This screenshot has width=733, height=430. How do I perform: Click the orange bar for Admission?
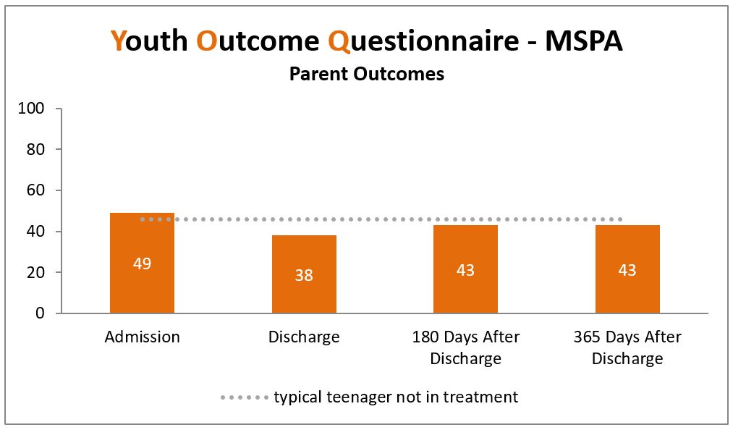click(x=142, y=263)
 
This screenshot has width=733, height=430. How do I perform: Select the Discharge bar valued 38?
click(x=304, y=274)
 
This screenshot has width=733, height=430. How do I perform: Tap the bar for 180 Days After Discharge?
click(x=465, y=269)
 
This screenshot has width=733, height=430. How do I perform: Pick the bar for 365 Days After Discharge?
click(x=627, y=269)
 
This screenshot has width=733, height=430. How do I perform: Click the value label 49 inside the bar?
click(x=142, y=264)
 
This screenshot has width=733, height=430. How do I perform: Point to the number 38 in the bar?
click(x=304, y=275)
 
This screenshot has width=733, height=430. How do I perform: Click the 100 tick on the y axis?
click(x=31, y=109)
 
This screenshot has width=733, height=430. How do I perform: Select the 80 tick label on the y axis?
click(x=35, y=150)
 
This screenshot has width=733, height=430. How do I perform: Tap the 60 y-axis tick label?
click(x=35, y=190)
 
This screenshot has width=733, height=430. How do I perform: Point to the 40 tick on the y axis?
click(x=35, y=232)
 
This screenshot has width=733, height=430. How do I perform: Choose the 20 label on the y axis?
click(x=35, y=272)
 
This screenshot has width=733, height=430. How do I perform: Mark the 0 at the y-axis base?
click(x=41, y=313)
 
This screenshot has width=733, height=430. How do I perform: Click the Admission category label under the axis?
click(x=142, y=337)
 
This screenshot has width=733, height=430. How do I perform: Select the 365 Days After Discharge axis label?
click(x=627, y=347)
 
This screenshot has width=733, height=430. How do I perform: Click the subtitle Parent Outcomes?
click(x=366, y=74)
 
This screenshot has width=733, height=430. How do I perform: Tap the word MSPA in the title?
click(x=584, y=41)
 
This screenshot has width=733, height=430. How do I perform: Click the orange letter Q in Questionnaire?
click(x=339, y=42)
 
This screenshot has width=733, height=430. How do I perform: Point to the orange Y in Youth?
click(x=118, y=41)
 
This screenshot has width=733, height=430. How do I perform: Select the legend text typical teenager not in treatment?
click(x=396, y=397)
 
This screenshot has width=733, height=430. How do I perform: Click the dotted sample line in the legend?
click(x=245, y=397)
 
